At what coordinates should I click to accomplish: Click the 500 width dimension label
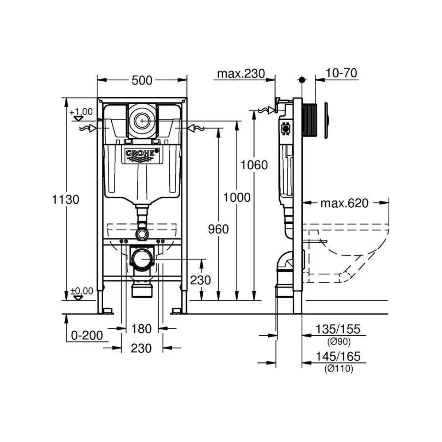point(142,81)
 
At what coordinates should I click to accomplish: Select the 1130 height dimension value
point(66,199)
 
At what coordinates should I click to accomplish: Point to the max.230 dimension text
point(241,74)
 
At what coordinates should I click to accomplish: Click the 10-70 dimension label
point(341,73)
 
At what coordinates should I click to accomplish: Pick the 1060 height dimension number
point(254,165)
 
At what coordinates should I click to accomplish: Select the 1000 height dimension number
point(237,198)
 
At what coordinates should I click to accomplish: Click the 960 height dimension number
point(219,229)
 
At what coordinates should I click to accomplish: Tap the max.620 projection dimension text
point(344,203)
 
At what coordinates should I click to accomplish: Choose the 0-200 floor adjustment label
point(87,336)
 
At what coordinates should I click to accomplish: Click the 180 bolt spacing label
point(141,329)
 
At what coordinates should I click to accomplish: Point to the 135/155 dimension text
point(338,329)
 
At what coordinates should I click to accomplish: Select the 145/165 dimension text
point(338,356)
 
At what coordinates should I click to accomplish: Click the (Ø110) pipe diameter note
point(339,368)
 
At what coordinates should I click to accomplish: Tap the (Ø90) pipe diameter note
point(339,342)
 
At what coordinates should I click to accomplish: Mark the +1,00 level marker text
point(81,112)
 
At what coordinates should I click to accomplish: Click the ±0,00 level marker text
point(82,291)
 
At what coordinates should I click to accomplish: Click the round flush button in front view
point(142,121)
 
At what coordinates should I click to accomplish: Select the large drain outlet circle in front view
point(142,258)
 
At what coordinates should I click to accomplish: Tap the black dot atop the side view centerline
point(302,80)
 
